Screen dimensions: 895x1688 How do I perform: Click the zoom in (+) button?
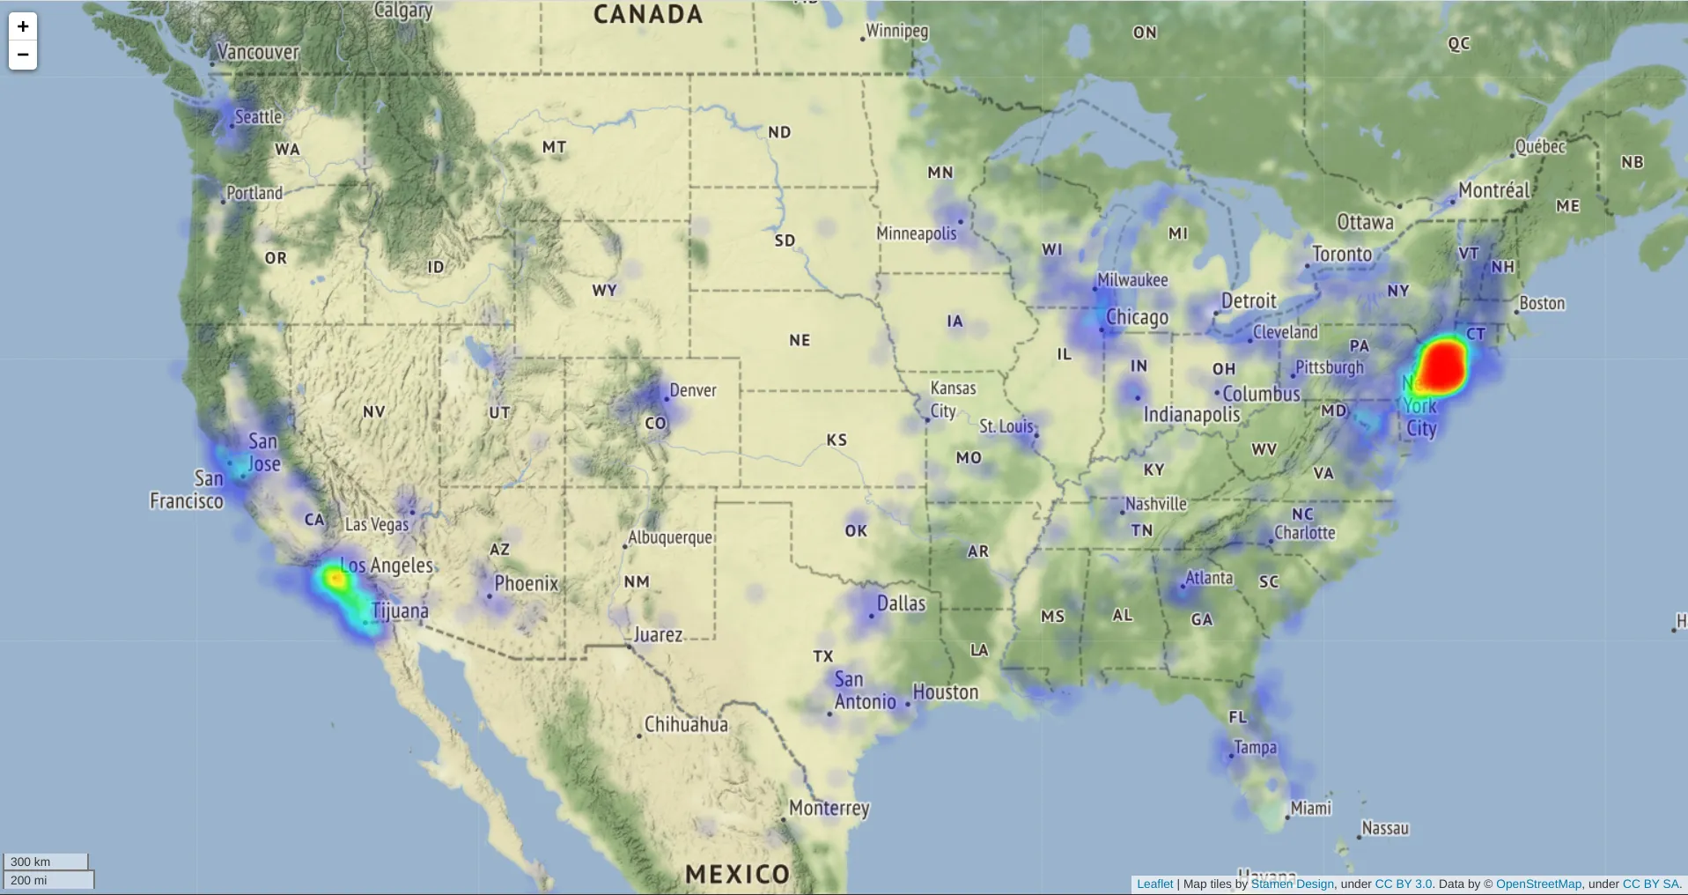click(x=23, y=26)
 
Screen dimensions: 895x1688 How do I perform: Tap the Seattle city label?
click(x=258, y=117)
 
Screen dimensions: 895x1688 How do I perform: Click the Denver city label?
click(x=692, y=390)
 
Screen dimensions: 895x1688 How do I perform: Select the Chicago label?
click(x=1137, y=317)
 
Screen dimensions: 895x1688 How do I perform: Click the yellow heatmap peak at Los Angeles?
click(x=335, y=579)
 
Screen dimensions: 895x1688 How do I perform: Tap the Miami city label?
click(x=1310, y=808)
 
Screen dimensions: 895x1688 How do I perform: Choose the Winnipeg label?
click(x=896, y=31)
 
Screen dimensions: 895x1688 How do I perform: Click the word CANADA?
click(x=648, y=15)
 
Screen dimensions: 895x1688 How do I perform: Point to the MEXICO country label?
click(x=738, y=874)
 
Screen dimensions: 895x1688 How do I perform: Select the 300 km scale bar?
click(x=46, y=862)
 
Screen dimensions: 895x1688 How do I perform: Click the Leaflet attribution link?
click(x=1154, y=884)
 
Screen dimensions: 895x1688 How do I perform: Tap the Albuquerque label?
click(x=669, y=537)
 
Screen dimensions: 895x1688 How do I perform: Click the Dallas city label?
click(x=901, y=603)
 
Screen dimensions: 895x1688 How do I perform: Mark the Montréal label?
click(x=1494, y=190)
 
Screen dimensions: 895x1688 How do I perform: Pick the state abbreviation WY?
click(x=604, y=291)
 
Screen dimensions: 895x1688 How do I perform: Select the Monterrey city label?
click(x=829, y=808)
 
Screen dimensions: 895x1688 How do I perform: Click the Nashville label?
click(x=1155, y=504)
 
